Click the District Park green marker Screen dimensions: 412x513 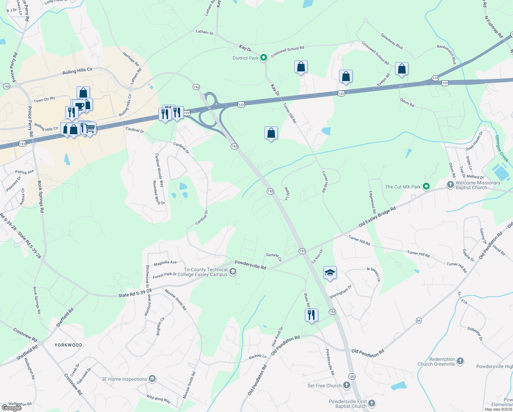pyautogui.click(x=263, y=58)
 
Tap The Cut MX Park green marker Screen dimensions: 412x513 pyautogui.click(x=426, y=187)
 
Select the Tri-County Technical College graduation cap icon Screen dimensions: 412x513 pyautogui.click(x=233, y=272)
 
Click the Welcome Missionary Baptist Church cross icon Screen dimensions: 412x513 pyautogui.click(x=451, y=185)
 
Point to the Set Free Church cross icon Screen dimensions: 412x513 pyautogui.click(x=347, y=385)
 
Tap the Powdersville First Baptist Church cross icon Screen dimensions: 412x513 pyautogui.click(x=372, y=403)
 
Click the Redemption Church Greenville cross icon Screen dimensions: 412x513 pyautogui.click(x=460, y=361)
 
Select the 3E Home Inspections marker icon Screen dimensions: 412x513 pyautogui.click(x=152, y=379)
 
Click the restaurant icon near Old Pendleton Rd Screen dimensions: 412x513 pyautogui.click(x=311, y=314)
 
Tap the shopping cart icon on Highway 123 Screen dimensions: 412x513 pyautogui.click(x=90, y=128)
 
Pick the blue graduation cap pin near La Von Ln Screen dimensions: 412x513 pyautogui.click(x=330, y=273)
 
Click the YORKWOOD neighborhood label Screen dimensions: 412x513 pyautogui.click(x=69, y=345)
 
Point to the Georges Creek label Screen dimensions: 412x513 pyautogui.click(x=501, y=148)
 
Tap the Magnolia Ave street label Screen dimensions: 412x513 pyautogui.click(x=165, y=263)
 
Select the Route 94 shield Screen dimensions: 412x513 pyautogui.click(x=419, y=320)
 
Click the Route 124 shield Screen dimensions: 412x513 pyautogui.click(x=435, y=78)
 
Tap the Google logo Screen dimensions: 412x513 pyautogui.click(x=12, y=408)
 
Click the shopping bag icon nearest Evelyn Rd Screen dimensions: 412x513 pyautogui.click(x=402, y=69)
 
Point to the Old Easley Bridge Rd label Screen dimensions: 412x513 pyautogui.click(x=377, y=217)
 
